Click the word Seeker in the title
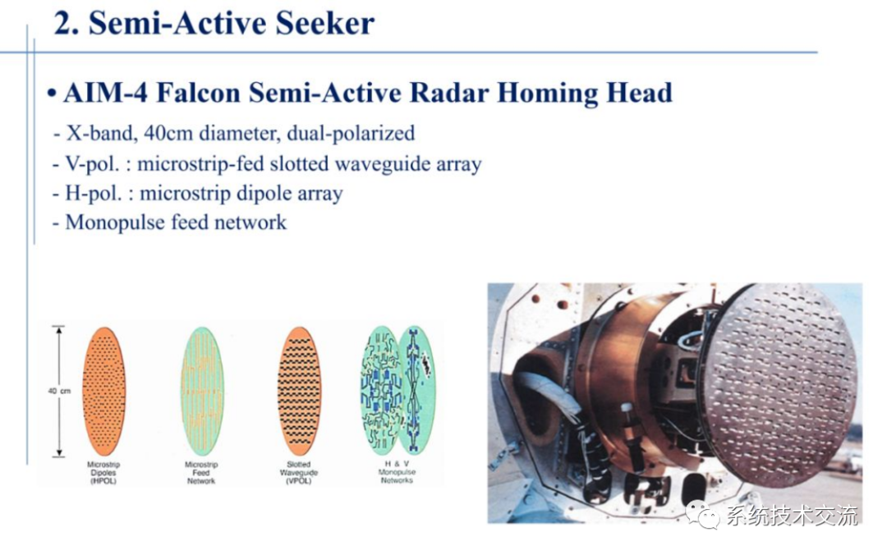(x=327, y=23)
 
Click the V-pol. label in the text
(x=96, y=163)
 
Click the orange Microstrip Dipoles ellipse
(x=104, y=391)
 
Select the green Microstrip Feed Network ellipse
(x=202, y=391)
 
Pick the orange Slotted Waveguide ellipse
(x=299, y=391)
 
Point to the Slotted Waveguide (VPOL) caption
(x=299, y=473)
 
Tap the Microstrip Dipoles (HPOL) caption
(x=104, y=473)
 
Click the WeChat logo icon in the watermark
(x=703, y=515)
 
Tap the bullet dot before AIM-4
(x=52, y=94)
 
